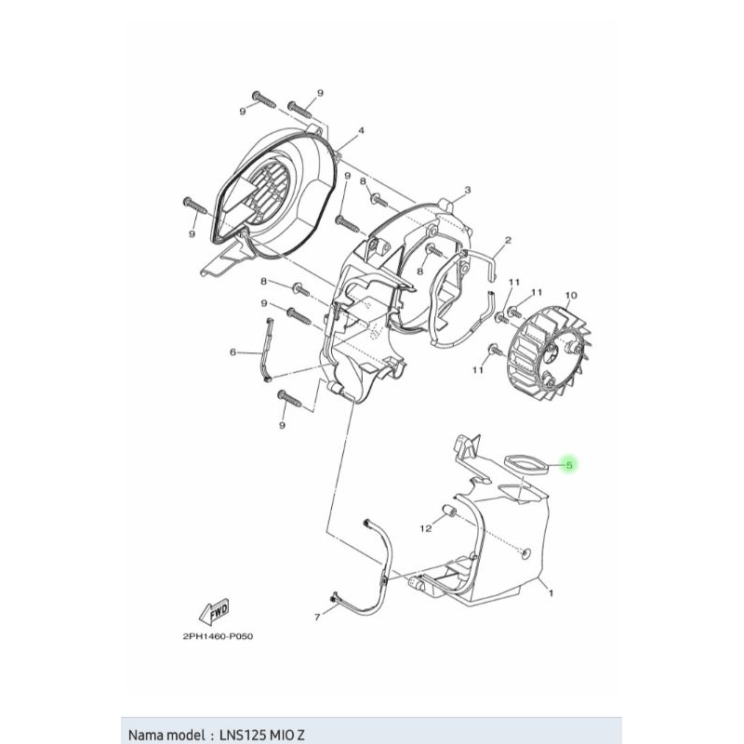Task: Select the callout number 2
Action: tap(509, 239)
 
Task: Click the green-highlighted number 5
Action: tap(570, 463)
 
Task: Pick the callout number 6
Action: tap(233, 352)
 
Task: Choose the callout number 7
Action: tap(316, 617)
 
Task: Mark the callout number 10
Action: tap(570, 295)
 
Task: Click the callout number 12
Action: tap(426, 529)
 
